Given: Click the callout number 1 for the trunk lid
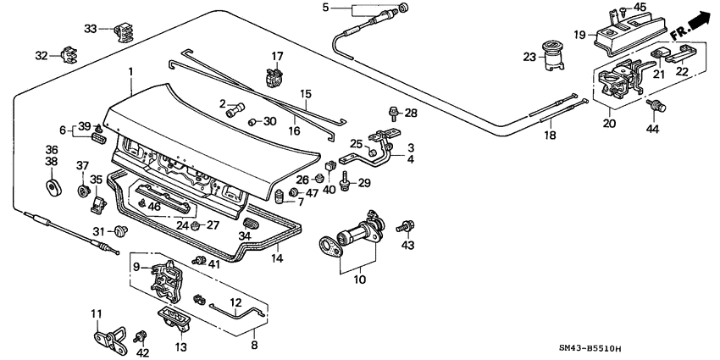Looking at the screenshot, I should [130, 71].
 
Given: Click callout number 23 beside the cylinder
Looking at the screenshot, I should [530, 58].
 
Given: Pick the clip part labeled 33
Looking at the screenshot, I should [124, 34].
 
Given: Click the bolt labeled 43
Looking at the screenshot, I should [407, 226].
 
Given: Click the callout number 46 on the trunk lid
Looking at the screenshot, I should [154, 206].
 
